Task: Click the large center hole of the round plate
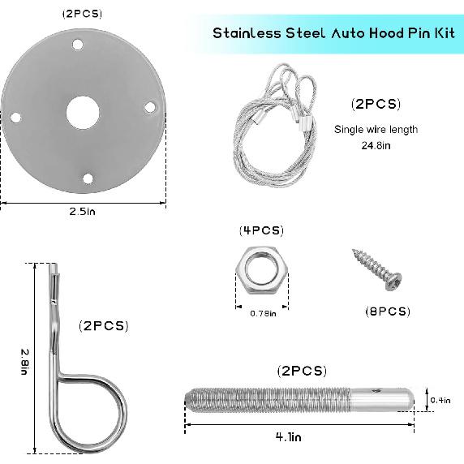[x=81, y=111]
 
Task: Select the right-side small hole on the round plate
[x=149, y=105]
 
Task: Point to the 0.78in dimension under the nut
[x=262, y=313]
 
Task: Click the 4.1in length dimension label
[x=288, y=436]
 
